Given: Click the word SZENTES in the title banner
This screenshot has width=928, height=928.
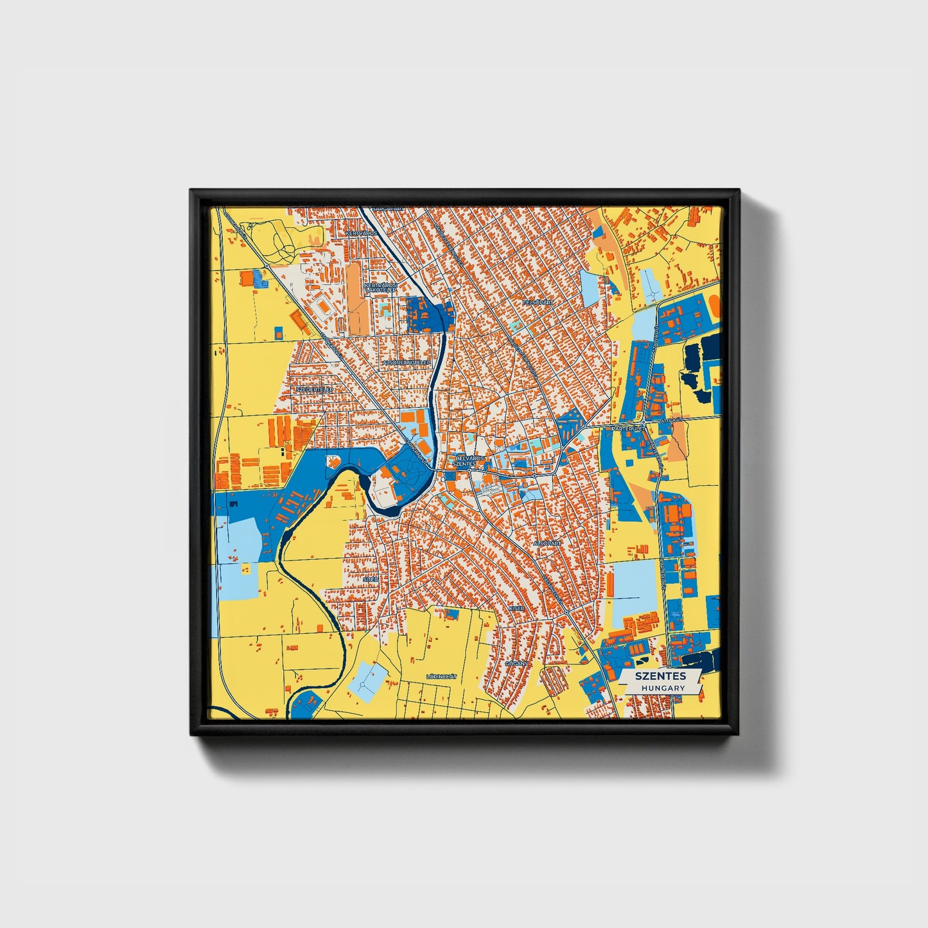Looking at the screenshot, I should pos(660,676).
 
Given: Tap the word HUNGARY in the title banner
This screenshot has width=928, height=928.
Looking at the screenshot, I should pos(663,688).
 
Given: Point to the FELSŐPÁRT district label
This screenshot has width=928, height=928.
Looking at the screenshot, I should pos(538,301).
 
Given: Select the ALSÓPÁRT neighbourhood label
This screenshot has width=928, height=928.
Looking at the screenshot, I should pos(547,543).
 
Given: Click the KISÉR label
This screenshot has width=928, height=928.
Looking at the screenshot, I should pos(517,608).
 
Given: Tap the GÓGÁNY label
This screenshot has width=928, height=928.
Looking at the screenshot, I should pos(516,663).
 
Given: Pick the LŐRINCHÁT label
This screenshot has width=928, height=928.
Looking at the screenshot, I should pos(441,677).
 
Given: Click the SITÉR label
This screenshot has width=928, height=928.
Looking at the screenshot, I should pos(371,579).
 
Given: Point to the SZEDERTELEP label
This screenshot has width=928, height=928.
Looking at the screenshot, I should pos(314,389).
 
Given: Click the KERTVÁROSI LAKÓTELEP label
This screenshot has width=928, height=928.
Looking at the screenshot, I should pos(380,288).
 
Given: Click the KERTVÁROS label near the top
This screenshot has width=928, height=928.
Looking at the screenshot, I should pos(362,234).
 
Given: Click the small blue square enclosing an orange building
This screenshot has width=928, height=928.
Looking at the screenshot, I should pos(278,333).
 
